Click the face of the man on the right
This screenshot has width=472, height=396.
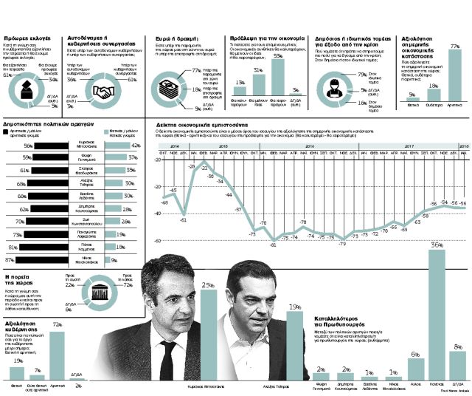(251, 300)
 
